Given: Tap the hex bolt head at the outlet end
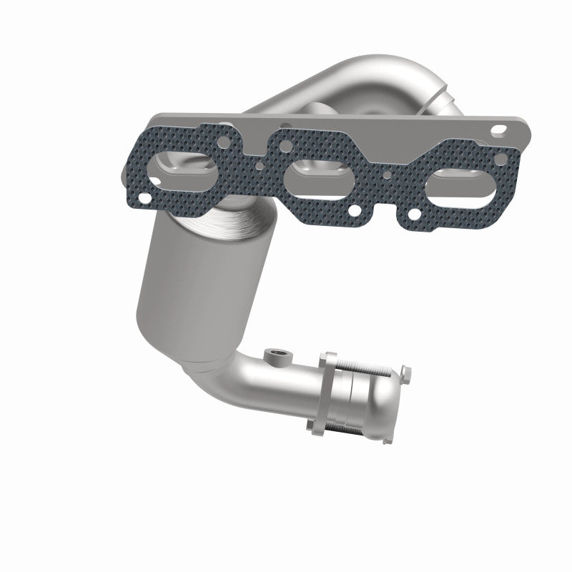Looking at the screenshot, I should [x=406, y=373].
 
